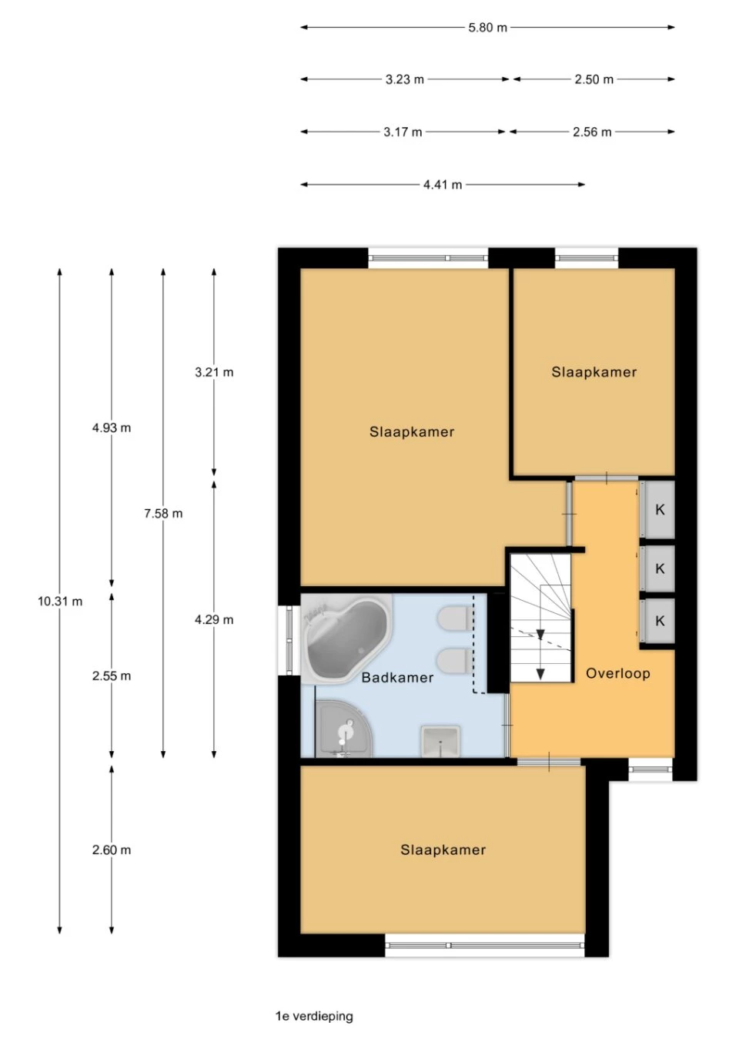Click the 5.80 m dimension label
(487, 28)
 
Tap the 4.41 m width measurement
(443, 185)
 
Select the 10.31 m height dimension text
(60, 602)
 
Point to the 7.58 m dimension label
(163, 514)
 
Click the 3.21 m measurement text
(214, 372)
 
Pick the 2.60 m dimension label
(112, 850)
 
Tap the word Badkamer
(397, 678)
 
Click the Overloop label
(618, 673)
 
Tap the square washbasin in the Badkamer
(440, 741)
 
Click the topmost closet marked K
(660, 509)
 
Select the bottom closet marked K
(660, 621)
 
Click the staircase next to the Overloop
(540, 618)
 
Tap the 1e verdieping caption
(314, 1016)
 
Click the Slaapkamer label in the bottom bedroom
(443, 850)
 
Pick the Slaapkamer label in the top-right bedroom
(594, 372)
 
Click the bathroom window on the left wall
(289, 640)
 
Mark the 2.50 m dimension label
(594, 79)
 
